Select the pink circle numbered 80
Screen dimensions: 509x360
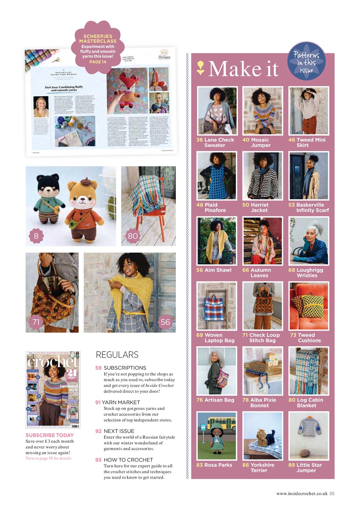[x=132, y=236]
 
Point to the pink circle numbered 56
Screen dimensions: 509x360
[x=165, y=322]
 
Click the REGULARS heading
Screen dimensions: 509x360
[x=117, y=355]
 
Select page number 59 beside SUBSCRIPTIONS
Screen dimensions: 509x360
[x=98, y=368]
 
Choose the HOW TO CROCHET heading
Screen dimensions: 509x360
[x=125, y=460]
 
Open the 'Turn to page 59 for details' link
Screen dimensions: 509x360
[x=49, y=458]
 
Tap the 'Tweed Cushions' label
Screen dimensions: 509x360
[x=309, y=338]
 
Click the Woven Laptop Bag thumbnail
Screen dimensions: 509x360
[x=217, y=306]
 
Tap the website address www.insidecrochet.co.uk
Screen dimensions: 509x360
[x=302, y=493]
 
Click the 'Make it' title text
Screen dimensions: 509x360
[x=243, y=69]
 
